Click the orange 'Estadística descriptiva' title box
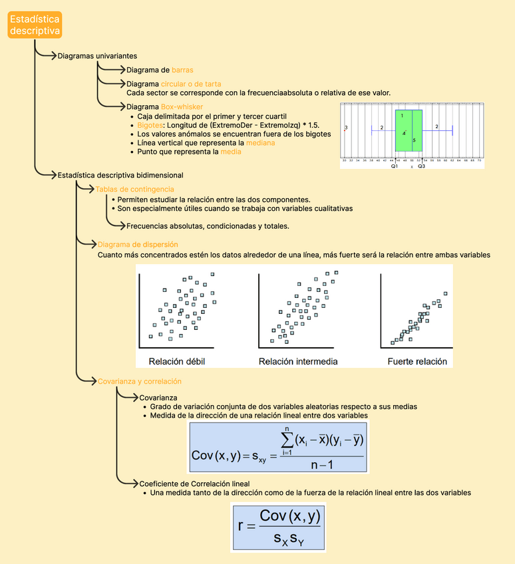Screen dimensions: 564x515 (35, 25)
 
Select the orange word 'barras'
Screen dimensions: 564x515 (182, 70)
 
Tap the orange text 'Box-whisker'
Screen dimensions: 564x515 (182, 106)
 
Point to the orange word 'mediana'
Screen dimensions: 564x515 (259, 143)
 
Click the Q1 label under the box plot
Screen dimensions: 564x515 (395, 166)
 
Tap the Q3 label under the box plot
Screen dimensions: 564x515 (422, 166)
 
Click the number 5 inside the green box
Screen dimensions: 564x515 (414, 140)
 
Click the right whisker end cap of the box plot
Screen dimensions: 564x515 (452, 130)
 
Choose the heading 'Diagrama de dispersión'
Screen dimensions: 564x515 (138, 245)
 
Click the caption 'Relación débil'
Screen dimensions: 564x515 (177, 362)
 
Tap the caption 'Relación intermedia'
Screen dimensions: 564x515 (298, 362)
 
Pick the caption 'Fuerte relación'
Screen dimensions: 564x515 (417, 362)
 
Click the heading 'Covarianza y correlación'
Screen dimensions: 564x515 (139, 381)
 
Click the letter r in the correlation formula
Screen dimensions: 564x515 (242, 527)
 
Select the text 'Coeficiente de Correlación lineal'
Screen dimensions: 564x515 (194, 484)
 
